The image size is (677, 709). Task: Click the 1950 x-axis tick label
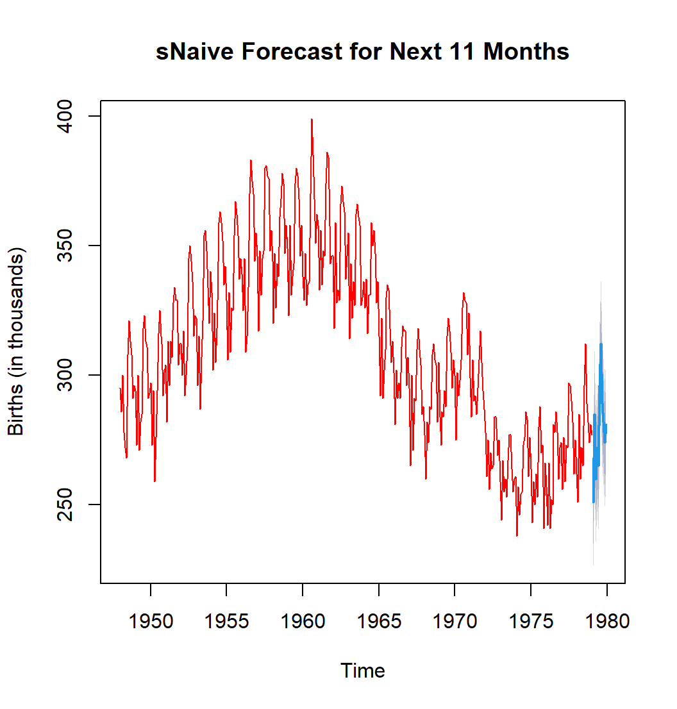(x=151, y=621)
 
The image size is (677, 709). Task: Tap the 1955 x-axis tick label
(x=226, y=621)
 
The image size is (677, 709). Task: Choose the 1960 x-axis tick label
(x=303, y=621)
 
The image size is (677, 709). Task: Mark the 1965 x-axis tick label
(x=378, y=621)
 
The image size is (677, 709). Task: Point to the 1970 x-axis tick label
(x=455, y=621)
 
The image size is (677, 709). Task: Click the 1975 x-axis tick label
(x=530, y=621)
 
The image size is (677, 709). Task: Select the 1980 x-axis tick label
(x=606, y=621)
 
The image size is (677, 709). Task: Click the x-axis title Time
(x=363, y=671)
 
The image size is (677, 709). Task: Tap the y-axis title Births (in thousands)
(x=16, y=341)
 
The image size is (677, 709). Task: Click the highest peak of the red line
(x=312, y=119)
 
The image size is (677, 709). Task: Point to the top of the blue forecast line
(x=601, y=344)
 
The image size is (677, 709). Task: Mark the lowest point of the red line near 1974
(x=517, y=535)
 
